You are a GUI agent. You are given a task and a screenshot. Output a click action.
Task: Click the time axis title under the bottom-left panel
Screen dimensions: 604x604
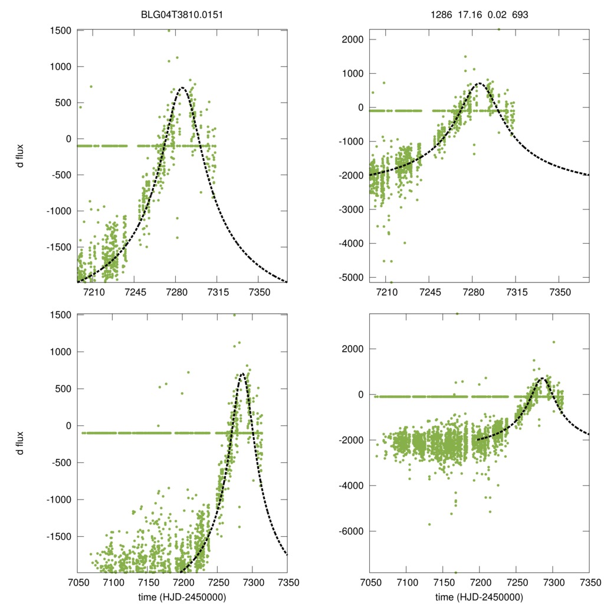[x=183, y=597]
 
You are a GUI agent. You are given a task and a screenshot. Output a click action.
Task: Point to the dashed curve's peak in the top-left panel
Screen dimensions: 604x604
[x=182, y=88]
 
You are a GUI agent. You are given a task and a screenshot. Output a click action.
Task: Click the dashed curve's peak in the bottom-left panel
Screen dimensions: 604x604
[x=242, y=373]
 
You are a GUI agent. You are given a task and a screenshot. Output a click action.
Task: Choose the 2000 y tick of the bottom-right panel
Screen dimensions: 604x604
[x=352, y=349]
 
